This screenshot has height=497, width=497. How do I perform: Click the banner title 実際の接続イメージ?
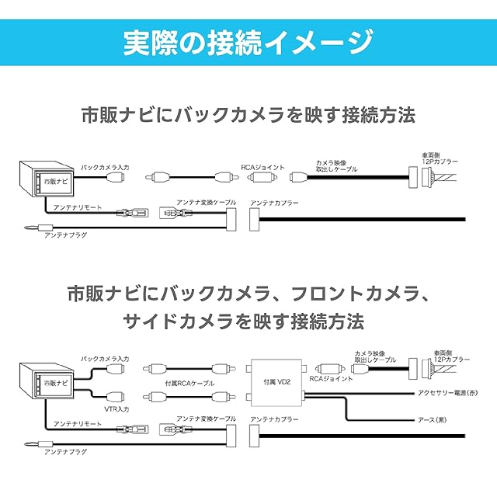248,42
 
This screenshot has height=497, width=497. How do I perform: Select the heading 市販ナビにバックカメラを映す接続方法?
248,116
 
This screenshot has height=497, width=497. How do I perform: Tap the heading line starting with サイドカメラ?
248,321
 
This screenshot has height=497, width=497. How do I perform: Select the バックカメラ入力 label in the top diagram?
105,167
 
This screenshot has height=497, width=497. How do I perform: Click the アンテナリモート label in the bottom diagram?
78,424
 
